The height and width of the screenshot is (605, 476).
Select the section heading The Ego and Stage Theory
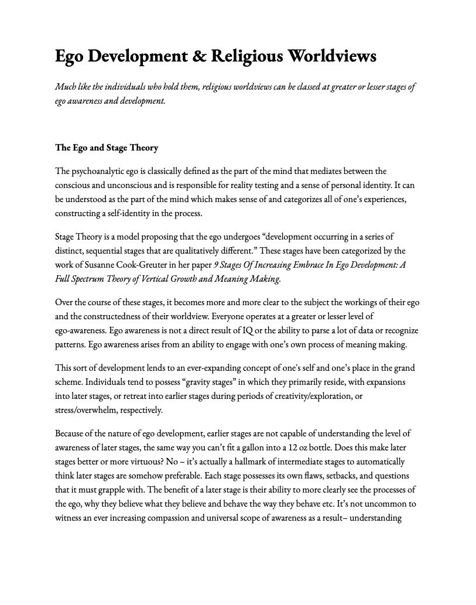(107, 148)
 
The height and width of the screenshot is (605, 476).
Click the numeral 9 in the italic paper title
(216, 265)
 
